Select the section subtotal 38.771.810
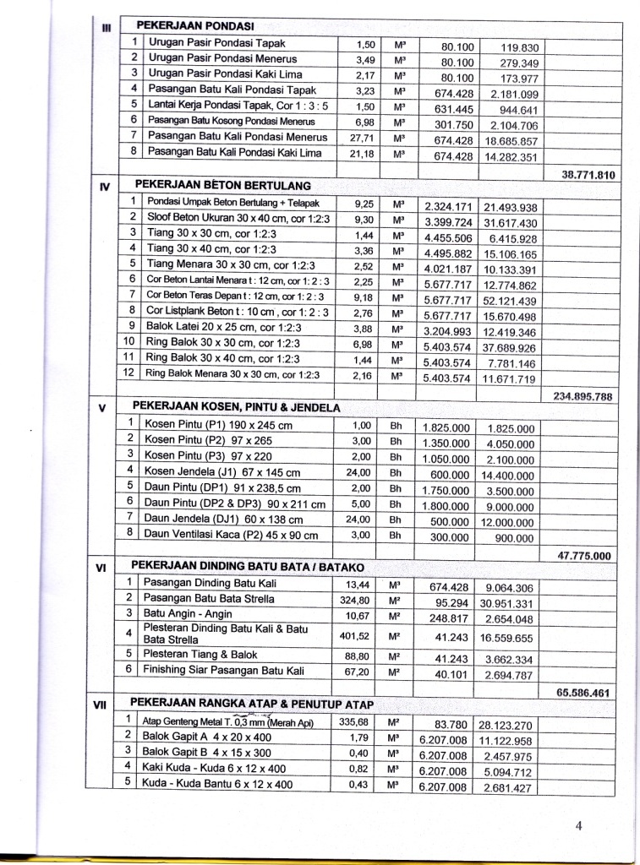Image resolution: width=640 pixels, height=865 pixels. [x=589, y=175]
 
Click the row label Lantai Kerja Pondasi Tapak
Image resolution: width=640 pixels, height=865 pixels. [x=239, y=106]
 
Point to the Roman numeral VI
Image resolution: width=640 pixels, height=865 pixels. [x=101, y=568]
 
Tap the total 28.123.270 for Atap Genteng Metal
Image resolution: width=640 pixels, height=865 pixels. [x=506, y=726]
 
